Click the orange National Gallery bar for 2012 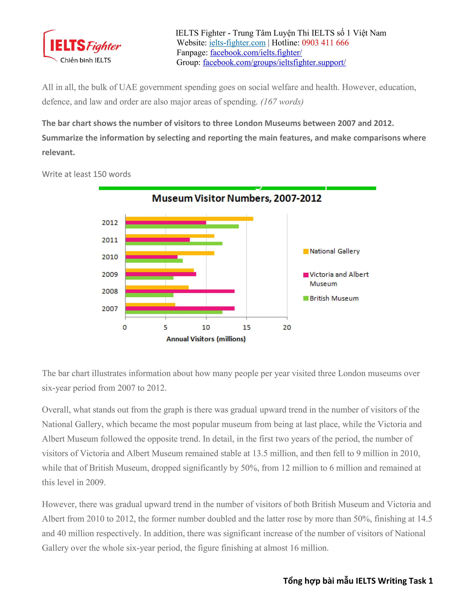click(x=189, y=219)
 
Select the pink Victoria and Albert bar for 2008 click(x=180, y=291)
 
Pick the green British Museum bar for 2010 click(x=154, y=261)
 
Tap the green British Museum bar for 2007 click(x=174, y=312)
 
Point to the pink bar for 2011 click(x=157, y=240)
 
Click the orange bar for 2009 click(x=160, y=270)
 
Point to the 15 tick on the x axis click(x=247, y=327)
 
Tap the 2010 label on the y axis click(x=110, y=257)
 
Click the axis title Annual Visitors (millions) click(x=206, y=339)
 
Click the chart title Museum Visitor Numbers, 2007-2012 click(x=237, y=198)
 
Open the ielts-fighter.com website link click(x=237, y=43)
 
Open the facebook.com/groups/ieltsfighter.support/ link click(x=274, y=62)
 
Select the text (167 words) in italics click(x=282, y=102)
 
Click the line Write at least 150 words click(x=86, y=174)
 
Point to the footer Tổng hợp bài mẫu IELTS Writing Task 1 click(x=358, y=581)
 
